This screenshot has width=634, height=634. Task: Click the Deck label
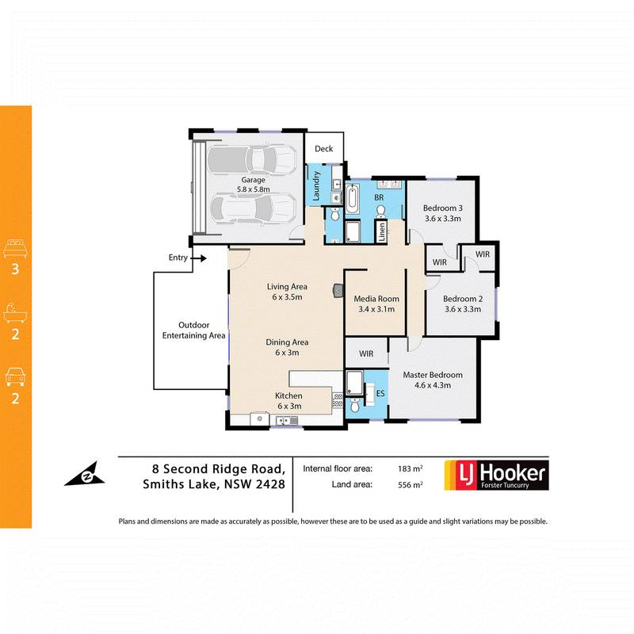(x=323, y=149)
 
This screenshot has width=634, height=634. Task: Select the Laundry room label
(x=315, y=190)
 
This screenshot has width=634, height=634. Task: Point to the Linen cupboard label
(x=382, y=231)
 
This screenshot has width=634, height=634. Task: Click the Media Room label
(x=376, y=304)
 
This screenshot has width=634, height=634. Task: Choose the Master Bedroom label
(x=432, y=380)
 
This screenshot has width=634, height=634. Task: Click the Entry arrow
(x=201, y=258)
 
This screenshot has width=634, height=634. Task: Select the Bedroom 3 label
(x=443, y=212)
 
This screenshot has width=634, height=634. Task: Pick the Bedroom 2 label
(x=463, y=304)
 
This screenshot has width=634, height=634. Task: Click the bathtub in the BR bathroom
(x=353, y=198)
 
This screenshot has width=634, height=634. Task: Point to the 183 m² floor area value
(x=410, y=468)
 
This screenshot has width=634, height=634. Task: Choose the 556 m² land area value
(x=410, y=484)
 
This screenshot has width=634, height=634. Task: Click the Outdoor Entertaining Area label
(x=193, y=330)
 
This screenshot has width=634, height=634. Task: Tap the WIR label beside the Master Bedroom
(x=365, y=353)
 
